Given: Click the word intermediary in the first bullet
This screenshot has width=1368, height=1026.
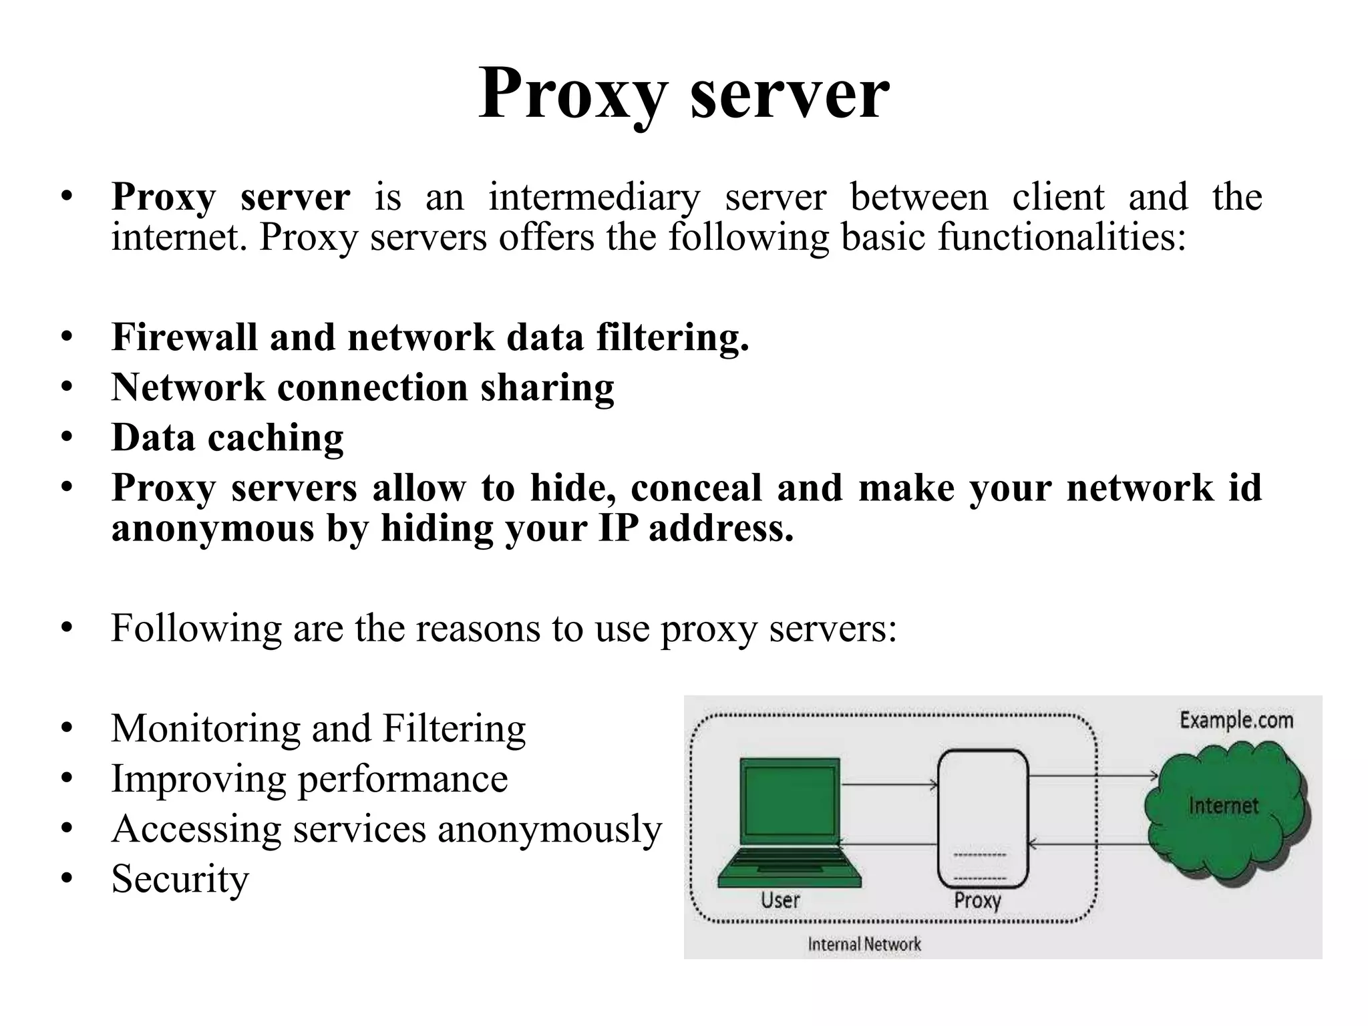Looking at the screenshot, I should [594, 197].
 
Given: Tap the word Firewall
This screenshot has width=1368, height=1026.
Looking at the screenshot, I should [184, 337].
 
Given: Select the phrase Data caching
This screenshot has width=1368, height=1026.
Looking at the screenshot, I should [227, 438].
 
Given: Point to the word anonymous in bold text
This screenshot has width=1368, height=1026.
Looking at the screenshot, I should [212, 528].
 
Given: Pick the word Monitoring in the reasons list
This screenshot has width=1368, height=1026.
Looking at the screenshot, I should [205, 728].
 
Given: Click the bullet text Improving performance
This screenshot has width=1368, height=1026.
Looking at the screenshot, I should [309, 779].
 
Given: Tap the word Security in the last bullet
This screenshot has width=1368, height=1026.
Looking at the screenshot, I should [180, 879].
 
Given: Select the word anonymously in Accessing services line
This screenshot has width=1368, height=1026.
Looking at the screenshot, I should [549, 829].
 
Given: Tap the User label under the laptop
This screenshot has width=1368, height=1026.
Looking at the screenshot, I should [780, 900].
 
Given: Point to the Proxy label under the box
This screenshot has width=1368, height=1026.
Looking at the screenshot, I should [977, 900].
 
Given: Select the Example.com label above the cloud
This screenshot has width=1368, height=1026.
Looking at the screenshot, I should [1236, 720].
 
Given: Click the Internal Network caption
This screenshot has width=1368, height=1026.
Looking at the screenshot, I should [864, 944].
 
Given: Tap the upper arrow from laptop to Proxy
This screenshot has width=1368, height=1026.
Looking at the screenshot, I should [890, 785].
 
